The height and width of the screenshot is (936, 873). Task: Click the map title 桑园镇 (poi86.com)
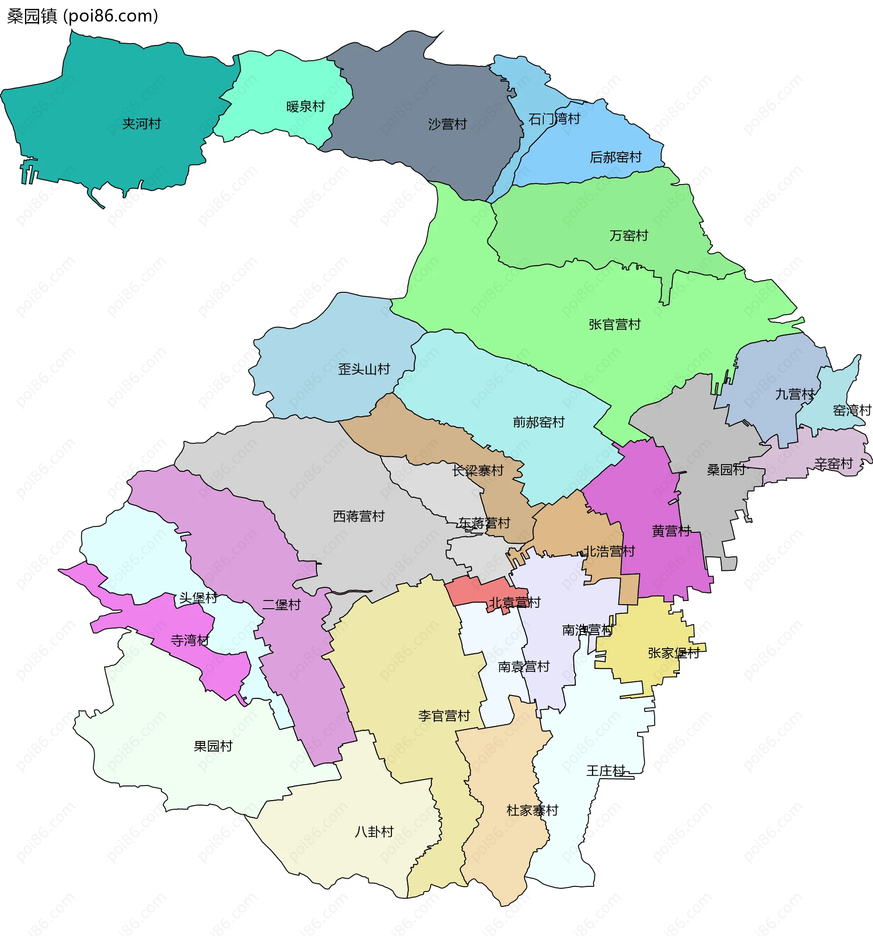pos(82,16)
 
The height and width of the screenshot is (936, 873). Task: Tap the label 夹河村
pos(141,124)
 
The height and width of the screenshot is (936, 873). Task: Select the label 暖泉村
pos(306,106)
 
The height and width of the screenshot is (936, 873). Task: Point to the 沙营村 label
pos(447,124)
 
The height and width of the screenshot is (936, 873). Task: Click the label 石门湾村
pos(554,119)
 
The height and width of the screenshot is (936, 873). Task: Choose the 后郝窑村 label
pos(616,157)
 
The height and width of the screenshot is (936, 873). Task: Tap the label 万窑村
pos(629,235)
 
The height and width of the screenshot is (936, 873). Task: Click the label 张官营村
pos(614,325)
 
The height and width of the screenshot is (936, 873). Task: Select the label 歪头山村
pos(364,369)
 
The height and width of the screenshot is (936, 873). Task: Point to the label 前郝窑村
pos(539,422)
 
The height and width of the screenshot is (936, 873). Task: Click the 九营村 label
pos(795,394)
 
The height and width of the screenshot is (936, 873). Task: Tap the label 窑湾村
pos(852,410)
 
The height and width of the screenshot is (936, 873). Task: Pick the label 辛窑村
pos(833,464)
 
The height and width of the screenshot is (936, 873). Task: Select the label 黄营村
pos(671,531)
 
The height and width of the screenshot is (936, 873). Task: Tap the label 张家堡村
pos(673,653)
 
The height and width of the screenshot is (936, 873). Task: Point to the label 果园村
pos(213,746)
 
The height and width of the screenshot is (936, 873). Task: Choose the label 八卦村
pos(374,832)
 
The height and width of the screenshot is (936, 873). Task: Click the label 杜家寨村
pos(532,810)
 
